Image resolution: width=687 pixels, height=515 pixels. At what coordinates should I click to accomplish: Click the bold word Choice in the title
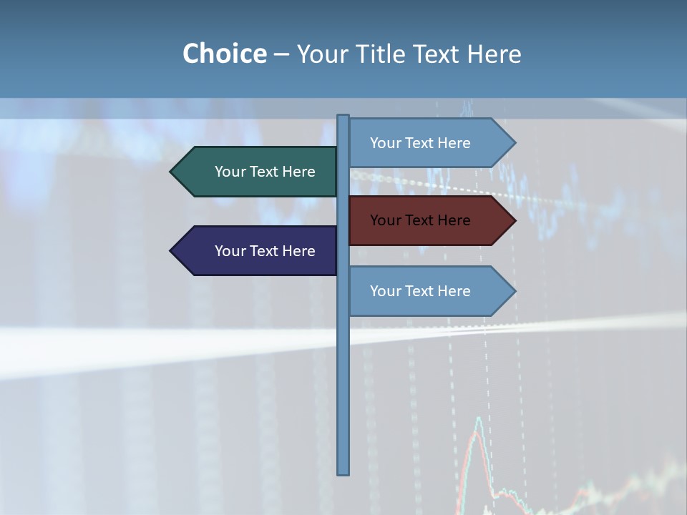click(224, 54)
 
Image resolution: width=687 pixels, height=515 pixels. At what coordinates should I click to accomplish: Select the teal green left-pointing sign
click(258, 172)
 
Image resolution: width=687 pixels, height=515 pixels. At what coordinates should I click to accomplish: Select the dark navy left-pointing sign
click(258, 251)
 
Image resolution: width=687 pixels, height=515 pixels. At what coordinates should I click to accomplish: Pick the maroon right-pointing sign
click(426, 220)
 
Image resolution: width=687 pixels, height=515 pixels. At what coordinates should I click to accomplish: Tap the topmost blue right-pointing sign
click(426, 143)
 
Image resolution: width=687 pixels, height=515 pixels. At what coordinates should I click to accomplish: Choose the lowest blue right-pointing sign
click(426, 291)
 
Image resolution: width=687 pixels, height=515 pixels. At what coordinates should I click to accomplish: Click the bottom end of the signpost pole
click(343, 472)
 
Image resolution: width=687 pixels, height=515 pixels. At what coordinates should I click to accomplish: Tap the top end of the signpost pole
click(343, 117)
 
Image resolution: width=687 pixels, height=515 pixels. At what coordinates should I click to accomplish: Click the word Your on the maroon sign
click(384, 220)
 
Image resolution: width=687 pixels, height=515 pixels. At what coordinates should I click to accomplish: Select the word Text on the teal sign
click(264, 172)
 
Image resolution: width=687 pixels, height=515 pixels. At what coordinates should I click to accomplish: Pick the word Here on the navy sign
click(298, 251)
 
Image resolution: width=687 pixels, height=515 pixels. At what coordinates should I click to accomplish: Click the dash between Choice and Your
click(281, 54)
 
